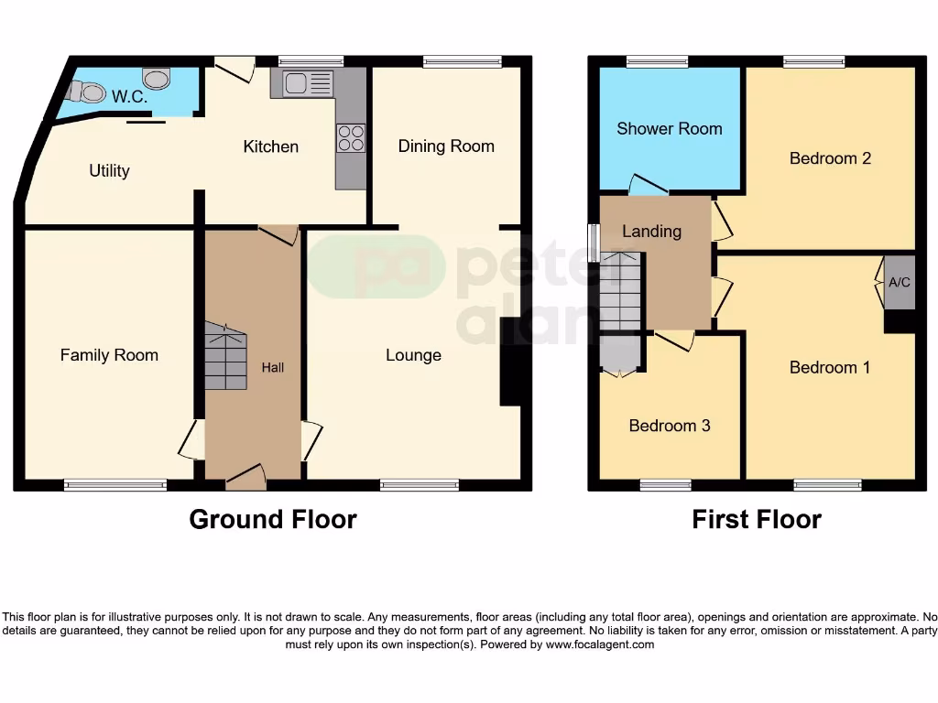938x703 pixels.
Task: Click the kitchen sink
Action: (x=308, y=84)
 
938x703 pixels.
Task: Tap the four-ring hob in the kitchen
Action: (x=351, y=137)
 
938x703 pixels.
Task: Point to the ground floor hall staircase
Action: (x=225, y=357)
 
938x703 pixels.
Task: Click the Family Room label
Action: (x=109, y=355)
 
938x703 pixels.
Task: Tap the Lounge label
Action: (x=413, y=355)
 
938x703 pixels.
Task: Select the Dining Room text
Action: (x=446, y=146)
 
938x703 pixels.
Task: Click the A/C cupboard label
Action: (x=900, y=282)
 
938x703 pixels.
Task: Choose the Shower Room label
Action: (x=669, y=128)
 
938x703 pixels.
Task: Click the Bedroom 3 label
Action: (x=669, y=426)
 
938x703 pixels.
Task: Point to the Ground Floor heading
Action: (x=273, y=519)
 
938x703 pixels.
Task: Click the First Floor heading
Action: (x=756, y=519)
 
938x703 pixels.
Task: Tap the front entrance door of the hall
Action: (x=245, y=473)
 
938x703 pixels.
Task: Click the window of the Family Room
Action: (x=115, y=485)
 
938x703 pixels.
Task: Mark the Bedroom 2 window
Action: (x=814, y=61)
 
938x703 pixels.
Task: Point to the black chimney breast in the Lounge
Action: (x=510, y=362)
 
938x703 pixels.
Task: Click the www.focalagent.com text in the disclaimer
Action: (x=600, y=644)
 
